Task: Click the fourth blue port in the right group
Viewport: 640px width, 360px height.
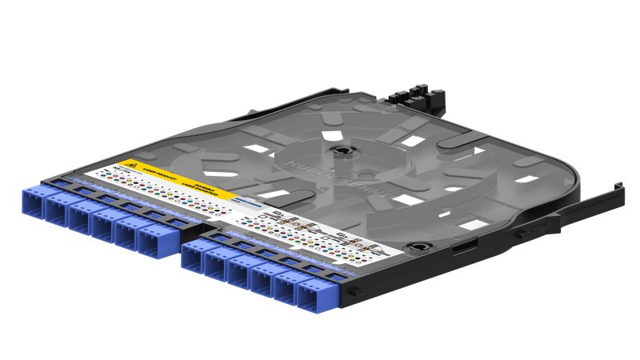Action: point(262,277)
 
